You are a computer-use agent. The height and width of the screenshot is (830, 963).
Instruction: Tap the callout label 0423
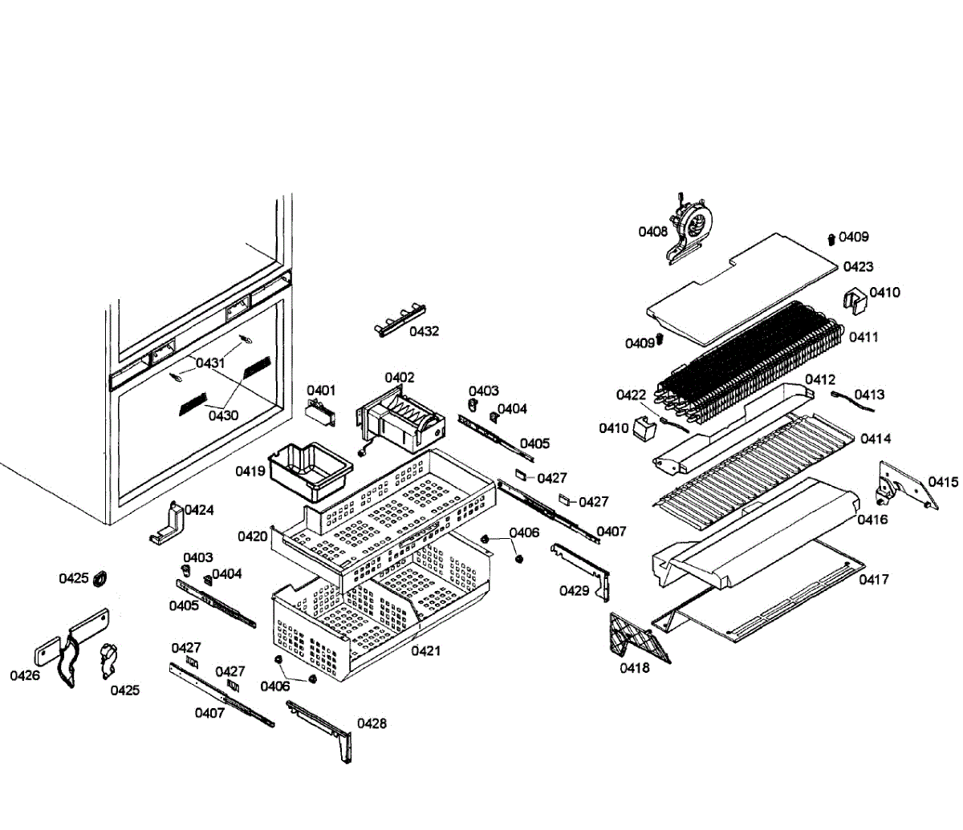click(x=858, y=267)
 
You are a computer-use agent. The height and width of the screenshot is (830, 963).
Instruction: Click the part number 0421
click(x=426, y=651)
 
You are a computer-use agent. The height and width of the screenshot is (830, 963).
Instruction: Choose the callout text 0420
click(x=253, y=536)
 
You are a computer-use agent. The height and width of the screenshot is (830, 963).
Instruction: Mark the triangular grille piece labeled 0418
click(x=638, y=638)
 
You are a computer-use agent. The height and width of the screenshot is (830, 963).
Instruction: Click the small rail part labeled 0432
click(x=399, y=320)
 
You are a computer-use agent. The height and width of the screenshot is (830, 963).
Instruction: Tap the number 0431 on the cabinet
click(x=210, y=363)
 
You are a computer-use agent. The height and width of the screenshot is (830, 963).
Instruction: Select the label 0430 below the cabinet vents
click(x=224, y=415)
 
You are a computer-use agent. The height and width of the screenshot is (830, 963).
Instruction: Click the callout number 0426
click(x=25, y=676)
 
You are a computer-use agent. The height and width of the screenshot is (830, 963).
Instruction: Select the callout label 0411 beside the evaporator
click(x=863, y=338)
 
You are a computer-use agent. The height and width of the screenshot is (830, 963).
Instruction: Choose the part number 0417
click(x=874, y=580)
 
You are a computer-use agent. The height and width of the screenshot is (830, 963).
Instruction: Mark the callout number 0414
click(x=876, y=439)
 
